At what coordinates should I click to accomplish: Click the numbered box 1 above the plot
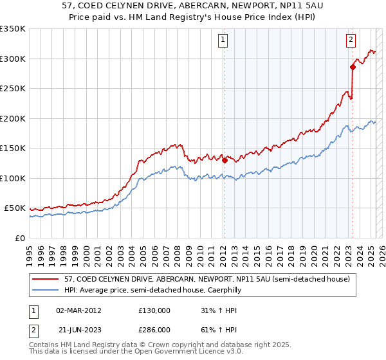coord(223,40)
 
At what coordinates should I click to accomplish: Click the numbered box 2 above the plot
coord(351,40)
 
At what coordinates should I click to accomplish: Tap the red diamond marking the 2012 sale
coord(225,161)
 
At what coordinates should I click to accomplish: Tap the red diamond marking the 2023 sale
coord(353,67)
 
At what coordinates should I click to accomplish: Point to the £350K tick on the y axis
coord(13,29)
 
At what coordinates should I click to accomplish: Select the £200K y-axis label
coord(13,118)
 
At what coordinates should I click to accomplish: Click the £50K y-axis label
coord(15,208)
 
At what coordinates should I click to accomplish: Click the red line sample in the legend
coord(47,280)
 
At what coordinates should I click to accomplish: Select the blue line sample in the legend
coord(47,291)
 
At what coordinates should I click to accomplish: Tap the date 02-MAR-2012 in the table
coord(78,310)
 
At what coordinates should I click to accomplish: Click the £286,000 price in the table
coord(154,329)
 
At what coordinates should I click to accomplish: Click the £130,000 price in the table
coord(154,310)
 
